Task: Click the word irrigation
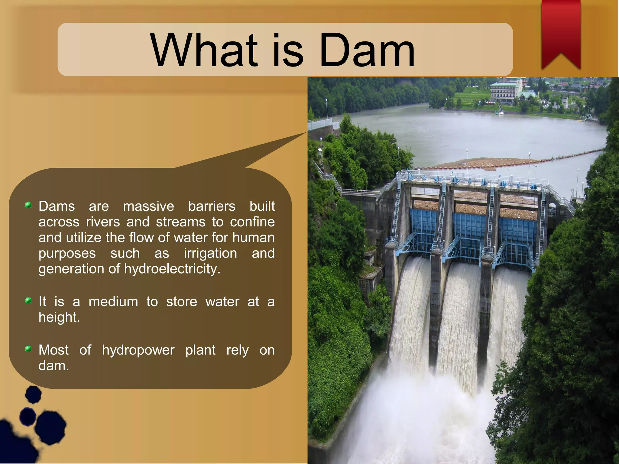210,253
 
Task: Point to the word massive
148,206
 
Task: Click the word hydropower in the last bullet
138,350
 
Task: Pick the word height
59,317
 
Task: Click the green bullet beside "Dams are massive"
28,205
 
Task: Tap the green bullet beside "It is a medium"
28,300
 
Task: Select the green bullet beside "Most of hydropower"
28,349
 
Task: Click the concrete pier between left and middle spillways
436,302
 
